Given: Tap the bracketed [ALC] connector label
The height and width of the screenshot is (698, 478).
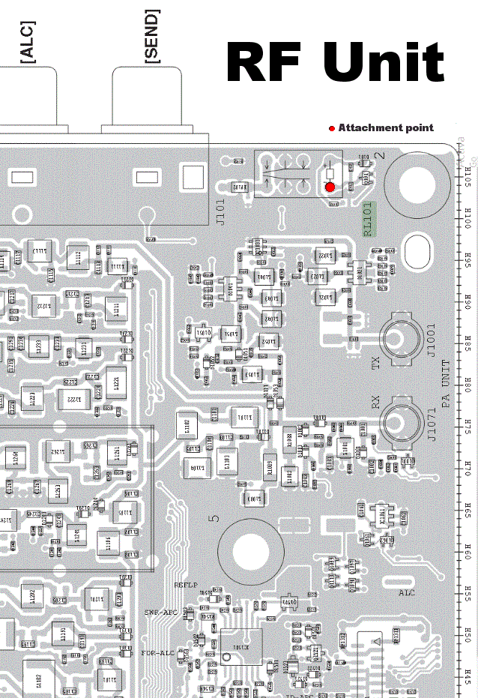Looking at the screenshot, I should [x=28, y=42].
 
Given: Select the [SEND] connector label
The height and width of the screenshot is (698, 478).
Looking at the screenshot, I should [x=151, y=36].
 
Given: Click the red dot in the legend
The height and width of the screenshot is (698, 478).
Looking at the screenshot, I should [x=332, y=128].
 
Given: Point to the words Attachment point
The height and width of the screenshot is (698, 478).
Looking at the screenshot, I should [x=386, y=127].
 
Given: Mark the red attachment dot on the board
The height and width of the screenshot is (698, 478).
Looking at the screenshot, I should [x=330, y=187].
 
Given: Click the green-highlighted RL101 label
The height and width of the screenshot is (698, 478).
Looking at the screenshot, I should [x=368, y=219].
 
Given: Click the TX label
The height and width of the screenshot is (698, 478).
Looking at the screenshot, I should [x=376, y=363].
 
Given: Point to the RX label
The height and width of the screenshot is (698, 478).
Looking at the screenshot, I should [x=376, y=403].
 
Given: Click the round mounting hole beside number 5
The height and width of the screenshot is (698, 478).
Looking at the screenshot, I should [x=250, y=553].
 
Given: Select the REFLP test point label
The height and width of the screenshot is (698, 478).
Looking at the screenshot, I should [x=186, y=584].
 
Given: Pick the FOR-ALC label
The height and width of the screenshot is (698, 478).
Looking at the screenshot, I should [x=157, y=653].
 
